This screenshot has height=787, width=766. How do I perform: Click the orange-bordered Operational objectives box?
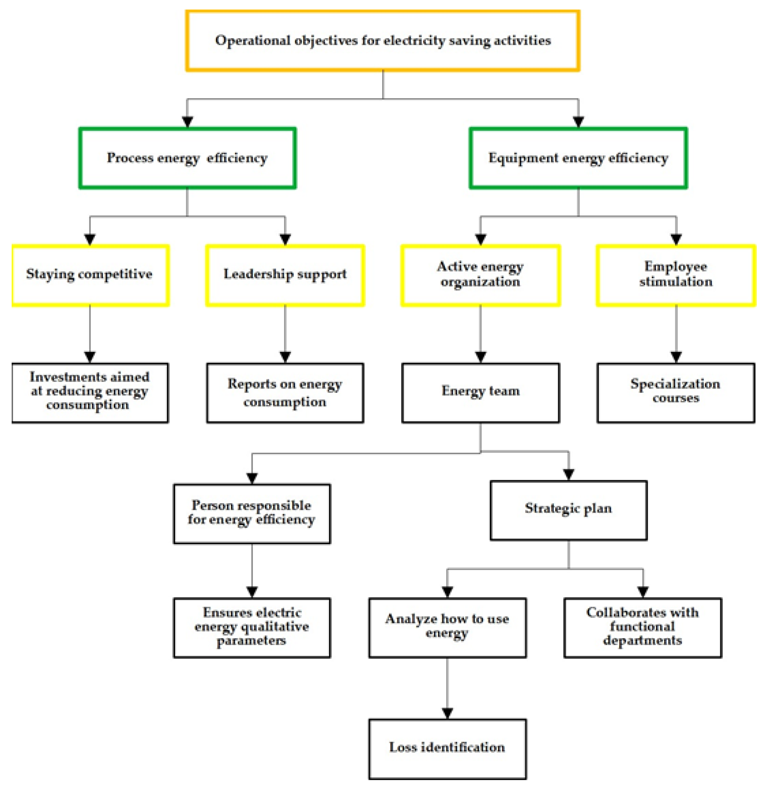coord(382,40)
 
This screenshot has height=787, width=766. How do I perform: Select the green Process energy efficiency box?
coord(188,158)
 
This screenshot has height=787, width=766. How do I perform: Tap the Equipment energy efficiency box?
coord(578,158)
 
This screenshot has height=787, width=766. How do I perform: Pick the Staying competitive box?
coord(90,275)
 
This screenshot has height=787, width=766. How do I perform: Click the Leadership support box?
coord(285,275)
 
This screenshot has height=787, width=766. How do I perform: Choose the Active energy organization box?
coord(480,275)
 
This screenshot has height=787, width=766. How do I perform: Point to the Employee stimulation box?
coord(676,275)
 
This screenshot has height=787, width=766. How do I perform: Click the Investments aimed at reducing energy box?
coord(90,392)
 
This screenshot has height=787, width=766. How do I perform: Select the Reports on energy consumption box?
coord(285,392)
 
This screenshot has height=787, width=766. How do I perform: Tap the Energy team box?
coord(480,392)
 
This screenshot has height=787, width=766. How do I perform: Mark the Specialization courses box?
coord(676,392)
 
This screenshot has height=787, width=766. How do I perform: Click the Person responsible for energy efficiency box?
coord(252,513)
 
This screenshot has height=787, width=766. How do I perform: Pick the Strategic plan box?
coord(568,510)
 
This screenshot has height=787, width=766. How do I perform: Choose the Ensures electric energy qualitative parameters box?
coord(252,627)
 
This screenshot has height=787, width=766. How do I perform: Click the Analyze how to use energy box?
coord(447,627)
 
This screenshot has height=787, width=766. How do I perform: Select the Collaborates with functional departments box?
coord(642,627)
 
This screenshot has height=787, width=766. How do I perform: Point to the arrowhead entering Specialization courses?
coord(676,356)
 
